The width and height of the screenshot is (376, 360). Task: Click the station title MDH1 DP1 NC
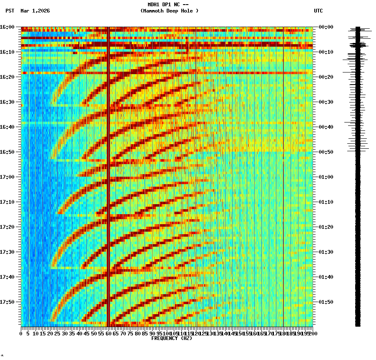coord(168,5)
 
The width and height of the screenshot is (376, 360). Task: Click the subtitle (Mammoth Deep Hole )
coord(169,11)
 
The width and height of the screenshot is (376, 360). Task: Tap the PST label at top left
coord(10,11)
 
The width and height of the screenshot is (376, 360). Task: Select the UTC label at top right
coord(318,11)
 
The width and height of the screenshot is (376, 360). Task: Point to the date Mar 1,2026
coord(35,11)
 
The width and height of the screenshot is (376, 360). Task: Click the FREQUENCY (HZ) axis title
coord(171,338)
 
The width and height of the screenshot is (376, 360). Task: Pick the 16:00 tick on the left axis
coord(7,27)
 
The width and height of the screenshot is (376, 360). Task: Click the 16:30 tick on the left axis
coord(7,102)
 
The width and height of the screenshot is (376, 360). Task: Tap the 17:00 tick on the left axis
coord(7,177)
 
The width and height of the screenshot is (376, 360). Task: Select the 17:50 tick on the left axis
coord(7,302)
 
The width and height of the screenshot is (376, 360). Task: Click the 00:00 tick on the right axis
coord(326,27)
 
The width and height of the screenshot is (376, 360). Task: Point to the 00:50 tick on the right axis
coord(326,152)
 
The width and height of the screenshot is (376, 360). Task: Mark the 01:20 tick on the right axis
coord(326,227)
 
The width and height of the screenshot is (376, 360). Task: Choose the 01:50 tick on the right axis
coord(326,302)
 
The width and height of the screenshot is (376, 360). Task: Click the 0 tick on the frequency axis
coord(21,333)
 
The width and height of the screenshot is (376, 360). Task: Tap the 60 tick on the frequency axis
coord(109,333)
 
